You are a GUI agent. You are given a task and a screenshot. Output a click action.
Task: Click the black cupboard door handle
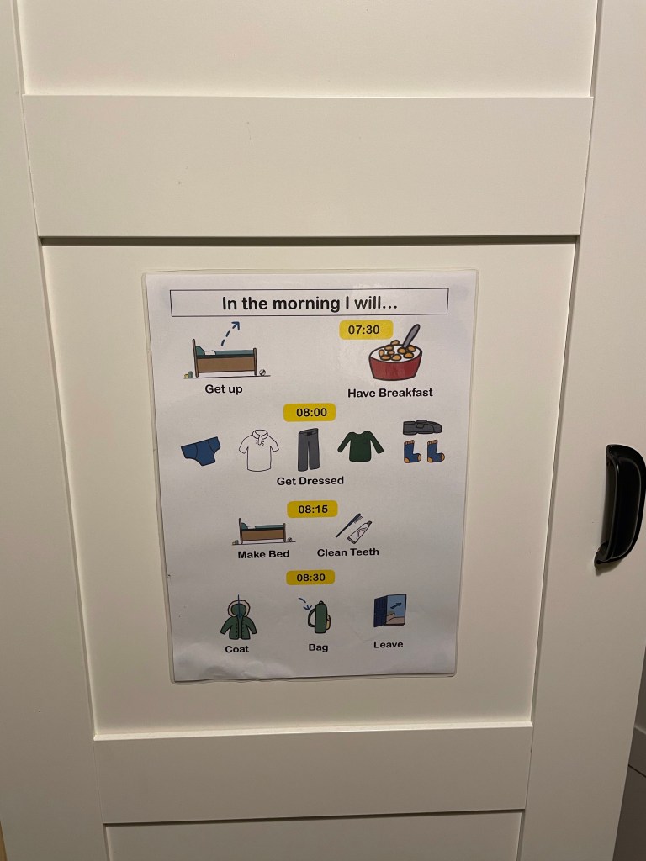click(x=621, y=505)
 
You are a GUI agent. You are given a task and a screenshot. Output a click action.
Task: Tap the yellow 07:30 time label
click(x=366, y=330)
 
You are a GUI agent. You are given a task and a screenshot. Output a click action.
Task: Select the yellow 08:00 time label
click(x=310, y=412)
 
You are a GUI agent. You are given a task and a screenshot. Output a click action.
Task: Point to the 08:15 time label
click(x=312, y=509)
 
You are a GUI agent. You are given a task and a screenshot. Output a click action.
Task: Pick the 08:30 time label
click(x=310, y=577)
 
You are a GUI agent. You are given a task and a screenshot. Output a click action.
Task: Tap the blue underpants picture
click(x=200, y=451)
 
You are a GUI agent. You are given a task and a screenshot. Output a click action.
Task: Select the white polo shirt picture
click(x=258, y=451)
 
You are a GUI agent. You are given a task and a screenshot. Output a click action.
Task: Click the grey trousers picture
click(x=308, y=449)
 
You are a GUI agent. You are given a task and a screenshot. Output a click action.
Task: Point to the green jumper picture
click(x=360, y=446)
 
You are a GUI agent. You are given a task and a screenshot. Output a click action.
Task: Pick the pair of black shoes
click(x=422, y=426)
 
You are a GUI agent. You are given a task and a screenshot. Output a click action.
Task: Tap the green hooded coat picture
click(x=238, y=620)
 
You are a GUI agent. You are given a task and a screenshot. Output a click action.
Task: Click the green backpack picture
click(x=319, y=617)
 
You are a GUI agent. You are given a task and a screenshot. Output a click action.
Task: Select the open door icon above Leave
click(x=390, y=610)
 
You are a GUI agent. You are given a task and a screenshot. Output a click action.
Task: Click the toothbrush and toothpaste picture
click(x=354, y=529)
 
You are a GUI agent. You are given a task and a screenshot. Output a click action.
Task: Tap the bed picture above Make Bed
click(x=262, y=531)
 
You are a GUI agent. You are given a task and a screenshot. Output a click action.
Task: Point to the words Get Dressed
click(x=310, y=480)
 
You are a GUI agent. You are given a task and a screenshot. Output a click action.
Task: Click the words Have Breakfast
click(x=390, y=393)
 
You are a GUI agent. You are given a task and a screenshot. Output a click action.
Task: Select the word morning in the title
click(x=306, y=303)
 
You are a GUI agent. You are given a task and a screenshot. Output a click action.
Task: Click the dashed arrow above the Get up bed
click(x=230, y=333)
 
